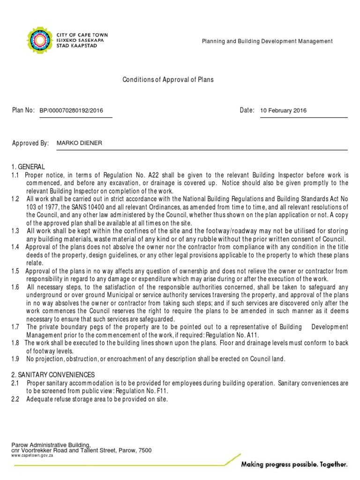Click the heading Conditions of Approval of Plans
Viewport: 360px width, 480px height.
coord(168,80)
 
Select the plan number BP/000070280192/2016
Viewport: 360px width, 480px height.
coord(71,111)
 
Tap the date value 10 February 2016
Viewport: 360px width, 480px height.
coord(283,111)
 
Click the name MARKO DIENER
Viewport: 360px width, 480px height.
coord(79,143)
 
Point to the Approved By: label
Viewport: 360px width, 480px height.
coord(30,143)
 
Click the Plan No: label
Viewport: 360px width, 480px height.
coord(23,110)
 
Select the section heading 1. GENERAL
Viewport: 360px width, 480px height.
coord(29,167)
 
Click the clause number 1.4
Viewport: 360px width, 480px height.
coord(15,247)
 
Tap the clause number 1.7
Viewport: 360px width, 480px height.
coord(15,327)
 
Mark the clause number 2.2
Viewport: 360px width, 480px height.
coord(15,399)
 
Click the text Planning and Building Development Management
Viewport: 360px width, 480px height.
coord(267,41)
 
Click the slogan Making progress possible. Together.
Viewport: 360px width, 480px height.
coord(294,465)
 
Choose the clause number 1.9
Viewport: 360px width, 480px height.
coord(15,359)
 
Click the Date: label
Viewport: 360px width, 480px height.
coord(247,110)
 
